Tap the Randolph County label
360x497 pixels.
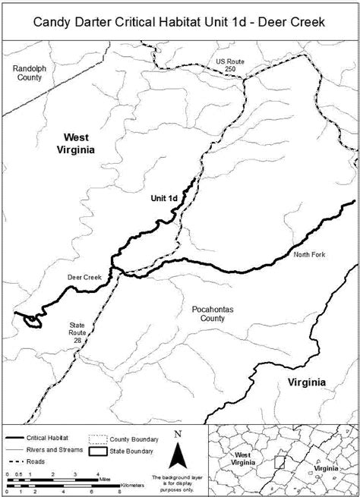(29, 73)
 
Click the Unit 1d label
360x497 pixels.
(164, 198)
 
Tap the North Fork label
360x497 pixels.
(309, 254)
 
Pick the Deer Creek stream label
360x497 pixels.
(84, 278)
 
